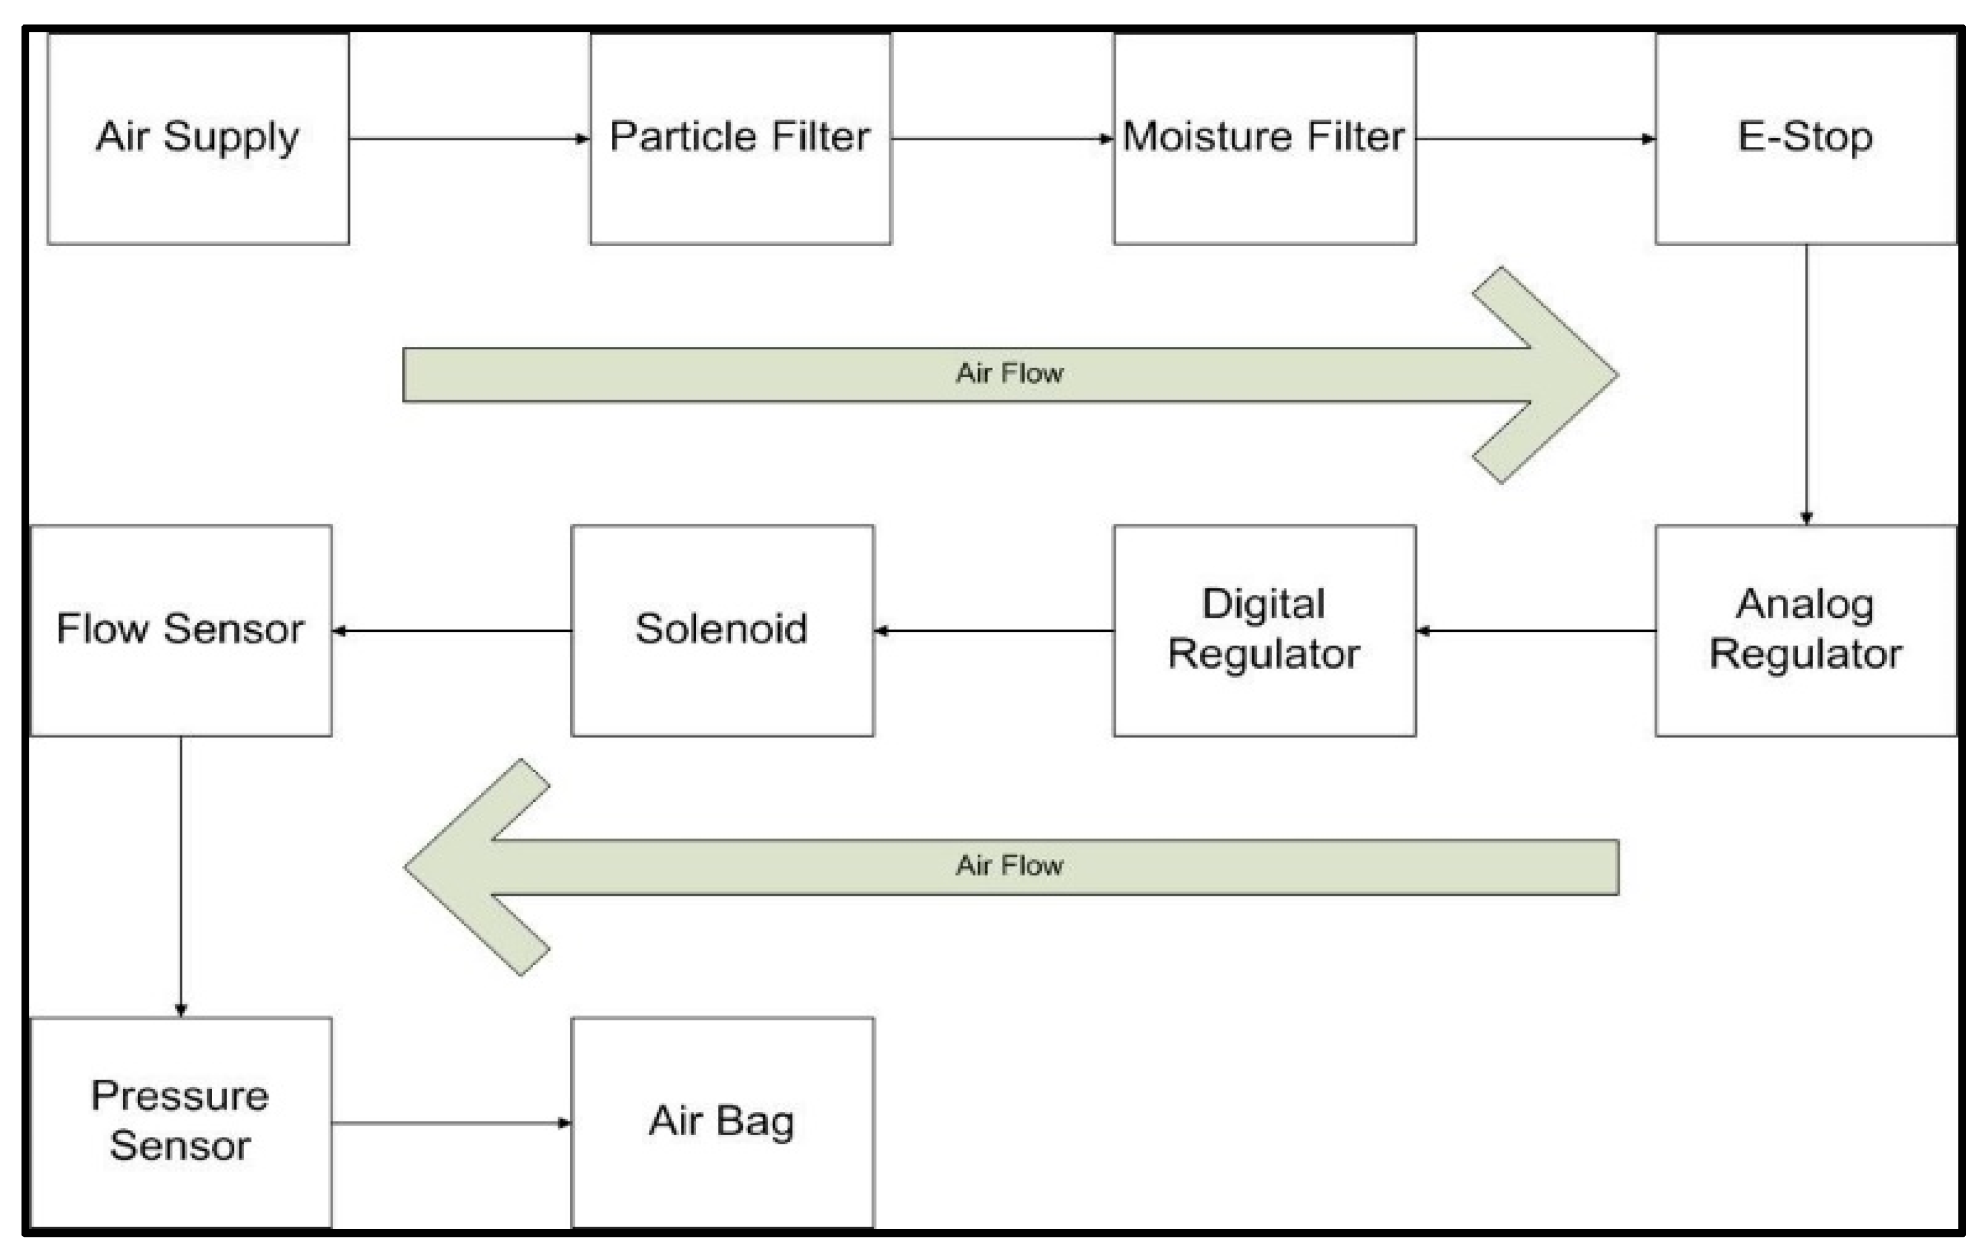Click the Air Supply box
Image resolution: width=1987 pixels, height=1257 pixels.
(x=198, y=139)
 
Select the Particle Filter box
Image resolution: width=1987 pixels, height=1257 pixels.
(x=740, y=139)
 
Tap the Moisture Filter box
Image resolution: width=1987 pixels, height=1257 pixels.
(x=1264, y=139)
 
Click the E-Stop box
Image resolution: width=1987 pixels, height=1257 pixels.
(x=1805, y=139)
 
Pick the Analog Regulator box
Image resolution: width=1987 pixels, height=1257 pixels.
(x=1805, y=631)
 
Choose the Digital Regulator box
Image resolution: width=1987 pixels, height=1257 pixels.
(x=1264, y=631)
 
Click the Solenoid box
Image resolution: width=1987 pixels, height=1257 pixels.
(x=722, y=631)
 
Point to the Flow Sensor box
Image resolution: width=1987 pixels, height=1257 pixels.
(x=181, y=631)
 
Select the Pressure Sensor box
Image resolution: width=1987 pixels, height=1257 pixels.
(x=181, y=1123)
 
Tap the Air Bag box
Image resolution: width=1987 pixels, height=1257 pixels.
(x=722, y=1123)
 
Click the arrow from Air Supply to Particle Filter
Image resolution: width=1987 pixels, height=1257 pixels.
(x=469, y=139)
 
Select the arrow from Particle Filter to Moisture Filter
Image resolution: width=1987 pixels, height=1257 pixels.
(x=1002, y=139)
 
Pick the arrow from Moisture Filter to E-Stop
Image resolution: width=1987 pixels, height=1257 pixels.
(x=1535, y=139)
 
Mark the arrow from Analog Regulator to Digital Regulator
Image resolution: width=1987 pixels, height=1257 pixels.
(x=1535, y=631)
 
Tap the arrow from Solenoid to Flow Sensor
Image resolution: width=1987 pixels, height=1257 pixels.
(x=451, y=631)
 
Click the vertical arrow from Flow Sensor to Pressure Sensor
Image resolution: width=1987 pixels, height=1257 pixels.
(x=181, y=877)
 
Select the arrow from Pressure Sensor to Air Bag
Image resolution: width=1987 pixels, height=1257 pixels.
(x=451, y=1123)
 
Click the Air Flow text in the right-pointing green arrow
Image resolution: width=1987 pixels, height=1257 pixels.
(x=1009, y=374)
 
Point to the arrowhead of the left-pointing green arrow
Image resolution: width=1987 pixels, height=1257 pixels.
(x=462, y=866)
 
